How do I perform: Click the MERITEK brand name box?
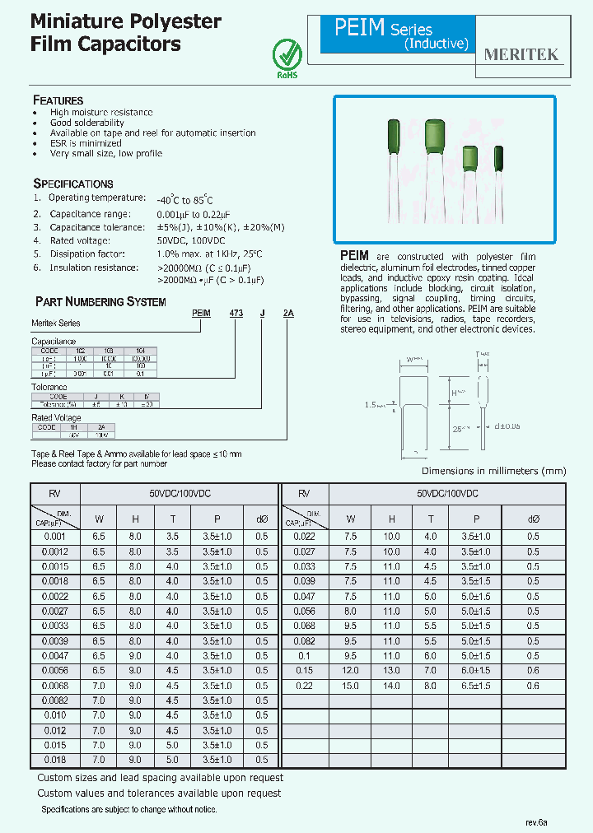[x=521, y=55]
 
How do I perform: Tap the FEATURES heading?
[x=58, y=100]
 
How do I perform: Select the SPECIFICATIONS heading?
[x=72, y=184]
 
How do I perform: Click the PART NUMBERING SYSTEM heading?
[x=100, y=302]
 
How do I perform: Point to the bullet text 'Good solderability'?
[x=87, y=123]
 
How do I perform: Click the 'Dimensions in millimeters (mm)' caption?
[x=493, y=471]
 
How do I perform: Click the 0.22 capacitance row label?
[x=305, y=686]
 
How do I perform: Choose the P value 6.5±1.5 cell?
[x=476, y=686]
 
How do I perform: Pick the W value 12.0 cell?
[x=350, y=671]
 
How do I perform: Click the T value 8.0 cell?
[x=431, y=686]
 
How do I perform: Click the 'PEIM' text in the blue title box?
[x=359, y=29]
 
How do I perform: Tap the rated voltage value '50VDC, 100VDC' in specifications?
[x=190, y=240]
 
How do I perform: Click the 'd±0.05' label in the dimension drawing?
[x=509, y=426]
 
